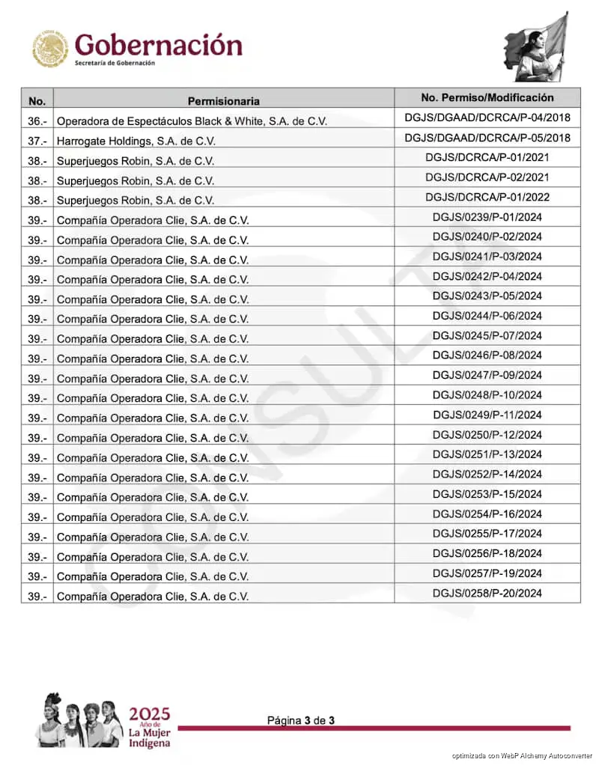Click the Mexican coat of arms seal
(x=50, y=49)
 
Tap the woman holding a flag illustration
(x=536, y=46)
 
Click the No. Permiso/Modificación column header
(x=487, y=97)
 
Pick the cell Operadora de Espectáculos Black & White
(x=192, y=121)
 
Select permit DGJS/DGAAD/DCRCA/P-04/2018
(x=487, y=118)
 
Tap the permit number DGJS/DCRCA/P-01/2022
(x=487, y=197)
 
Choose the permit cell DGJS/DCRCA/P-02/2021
(x=487, y=177)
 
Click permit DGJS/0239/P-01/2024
(x=487, y=217)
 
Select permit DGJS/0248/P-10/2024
(x=487, y=394)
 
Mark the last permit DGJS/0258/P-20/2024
(x=487, y=593)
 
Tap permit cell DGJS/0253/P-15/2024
(x=487, y=494)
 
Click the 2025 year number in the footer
(x=149, y=713)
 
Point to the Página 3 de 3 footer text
(x=301, y=720)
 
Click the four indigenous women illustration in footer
(x=80, y=719)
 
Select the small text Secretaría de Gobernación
(x=115, y=64)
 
